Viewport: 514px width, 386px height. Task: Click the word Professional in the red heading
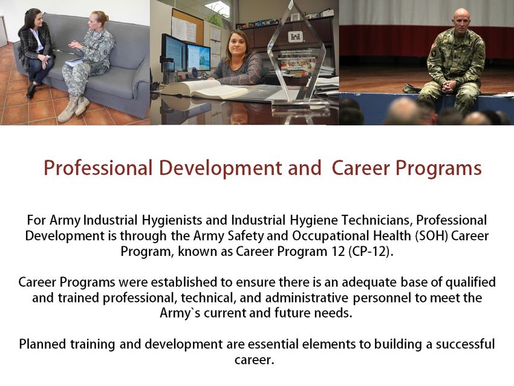(x=98, y=168)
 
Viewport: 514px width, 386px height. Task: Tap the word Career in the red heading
(x=360, y=168)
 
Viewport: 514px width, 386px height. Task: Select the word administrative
(x=307, y=298)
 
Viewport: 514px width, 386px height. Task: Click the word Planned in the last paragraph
(x=43, y=344)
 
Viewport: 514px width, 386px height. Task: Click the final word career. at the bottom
(x=254, y=361)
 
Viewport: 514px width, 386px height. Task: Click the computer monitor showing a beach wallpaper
(x=198, y=57)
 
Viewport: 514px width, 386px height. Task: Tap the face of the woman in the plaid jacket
(x=39, y=21)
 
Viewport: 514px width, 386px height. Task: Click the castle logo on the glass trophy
(x=294, y=36)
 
